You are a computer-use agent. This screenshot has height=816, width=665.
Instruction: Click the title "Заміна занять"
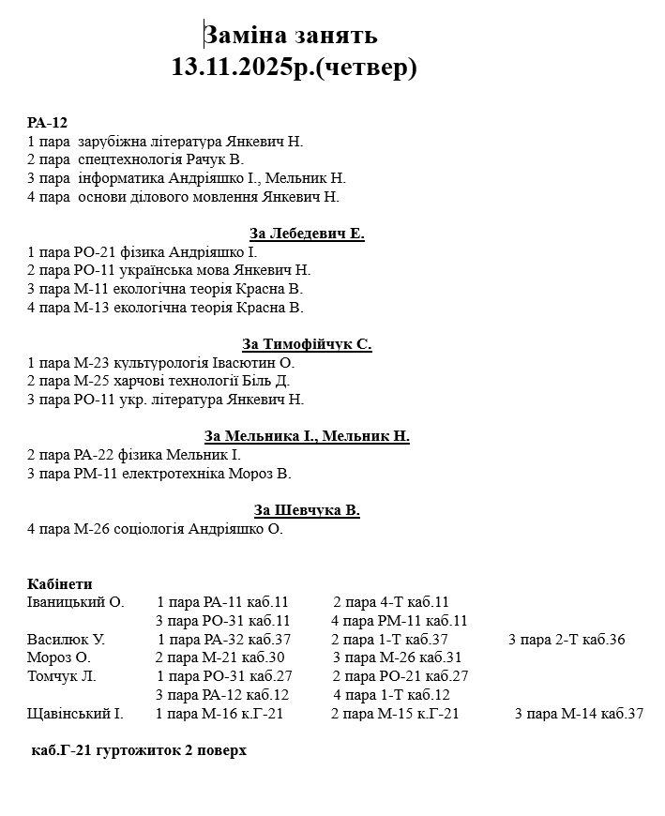click(291, 35)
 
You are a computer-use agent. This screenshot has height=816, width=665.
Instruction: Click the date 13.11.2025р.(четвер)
click(294, 68)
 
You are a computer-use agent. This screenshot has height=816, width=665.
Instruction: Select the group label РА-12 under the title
click(47, 123)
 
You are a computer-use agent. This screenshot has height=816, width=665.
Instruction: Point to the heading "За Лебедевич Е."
click(307, 234)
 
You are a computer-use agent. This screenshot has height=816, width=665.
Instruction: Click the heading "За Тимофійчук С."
click(307, 344)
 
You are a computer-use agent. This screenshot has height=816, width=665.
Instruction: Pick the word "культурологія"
click(156, 362)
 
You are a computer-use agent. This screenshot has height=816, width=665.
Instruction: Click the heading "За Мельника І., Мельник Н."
click(307, 436)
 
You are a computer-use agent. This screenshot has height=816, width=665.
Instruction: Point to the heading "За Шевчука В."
click(307, 510)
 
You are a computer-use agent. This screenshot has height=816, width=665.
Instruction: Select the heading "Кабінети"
click(60, 583)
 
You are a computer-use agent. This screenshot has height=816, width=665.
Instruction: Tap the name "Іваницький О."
click(76, 602)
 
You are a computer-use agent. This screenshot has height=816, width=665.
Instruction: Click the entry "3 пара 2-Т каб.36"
click(567, 640)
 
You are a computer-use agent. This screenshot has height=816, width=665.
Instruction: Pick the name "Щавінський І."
click(75, 714)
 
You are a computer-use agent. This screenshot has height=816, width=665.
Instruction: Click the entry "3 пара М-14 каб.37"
click(579, 714)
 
